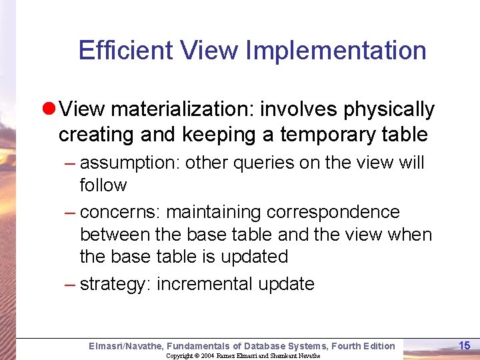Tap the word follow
(x=103, y=185)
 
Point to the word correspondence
(x=333, y=213)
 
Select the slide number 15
(x=465, y=345)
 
